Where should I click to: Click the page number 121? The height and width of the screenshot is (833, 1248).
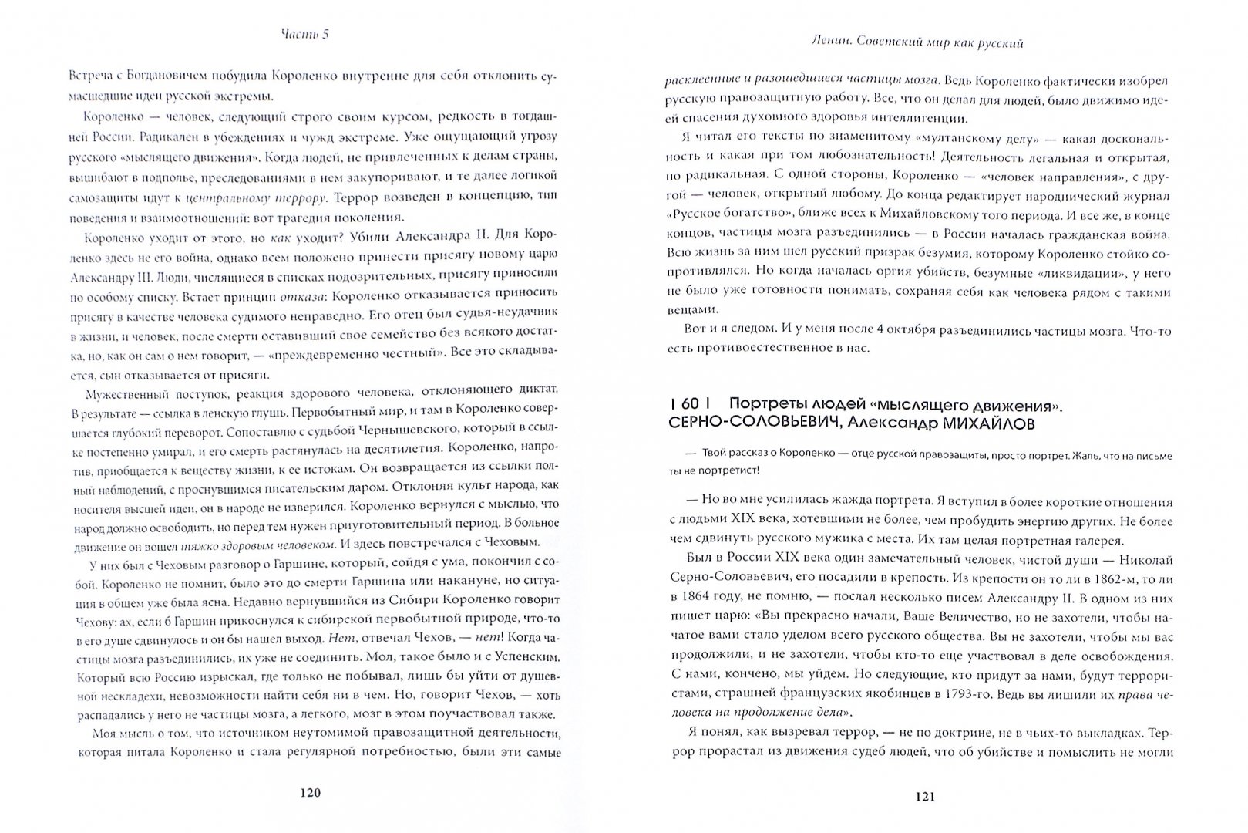coord(923,796)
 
